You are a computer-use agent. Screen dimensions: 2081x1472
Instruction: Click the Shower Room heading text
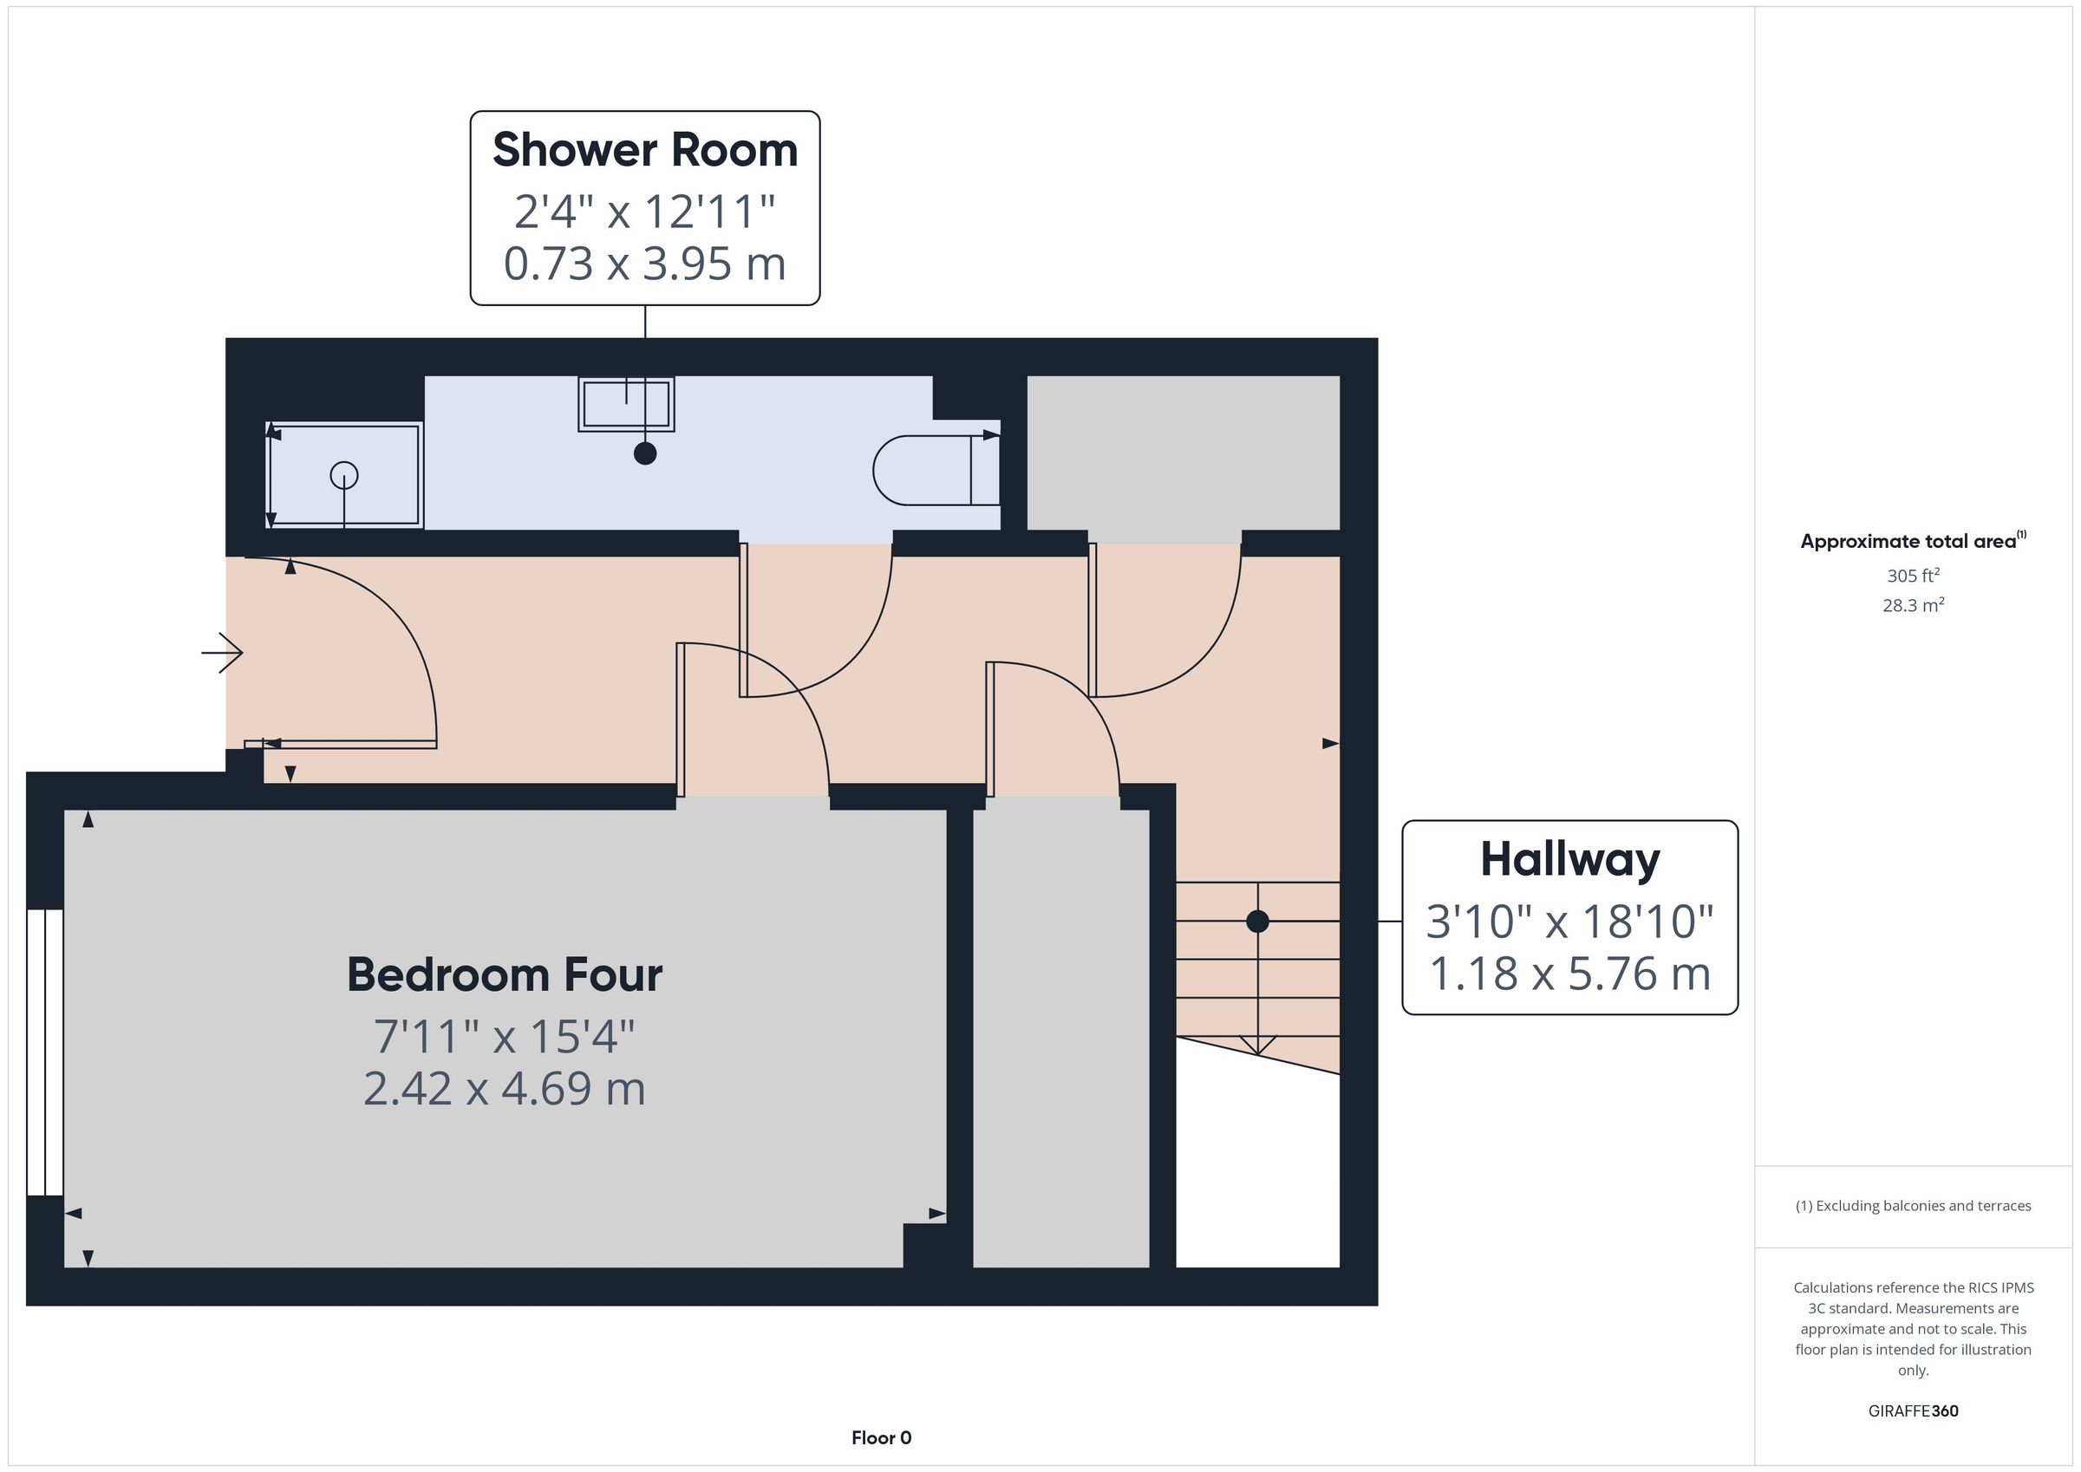(x=644, y=150)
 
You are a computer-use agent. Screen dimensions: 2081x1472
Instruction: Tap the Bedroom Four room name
(x=505, y=974)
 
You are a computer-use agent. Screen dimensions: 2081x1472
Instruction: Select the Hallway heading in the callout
(x=1569, y=861)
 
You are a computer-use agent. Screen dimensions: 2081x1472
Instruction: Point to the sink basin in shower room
(x=626, y=404)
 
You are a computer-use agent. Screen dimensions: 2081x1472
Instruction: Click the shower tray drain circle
(x=344, y=475)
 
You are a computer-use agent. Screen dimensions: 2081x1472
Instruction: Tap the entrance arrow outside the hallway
(x=222, y=653)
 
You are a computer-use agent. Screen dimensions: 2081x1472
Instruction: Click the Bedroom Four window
(x=44, y=1052)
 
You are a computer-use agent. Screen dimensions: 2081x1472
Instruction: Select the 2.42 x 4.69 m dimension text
(x=505, y=1089)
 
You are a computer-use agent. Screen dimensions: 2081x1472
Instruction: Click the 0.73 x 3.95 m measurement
(x=644, y=264)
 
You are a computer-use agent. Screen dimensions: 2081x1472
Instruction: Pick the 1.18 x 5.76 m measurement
(x=1569, y=974)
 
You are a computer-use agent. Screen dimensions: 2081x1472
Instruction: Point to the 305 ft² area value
(x=1914, y=576)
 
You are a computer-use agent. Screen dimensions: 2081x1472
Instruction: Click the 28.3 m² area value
(x=1914, y=604)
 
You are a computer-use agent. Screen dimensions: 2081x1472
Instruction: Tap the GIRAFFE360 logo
(x=1914, y=1410)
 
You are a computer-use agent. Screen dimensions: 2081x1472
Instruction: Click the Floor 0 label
(x=881, y=1437)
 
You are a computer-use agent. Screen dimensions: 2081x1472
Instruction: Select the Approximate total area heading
(x=1914, y=541)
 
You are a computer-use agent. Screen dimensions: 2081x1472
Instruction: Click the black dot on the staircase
(x=1257, y=921)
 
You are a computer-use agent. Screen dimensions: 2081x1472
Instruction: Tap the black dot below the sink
(x=645, y=453)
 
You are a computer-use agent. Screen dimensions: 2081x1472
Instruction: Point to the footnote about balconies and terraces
(x=1914, y=1206)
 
